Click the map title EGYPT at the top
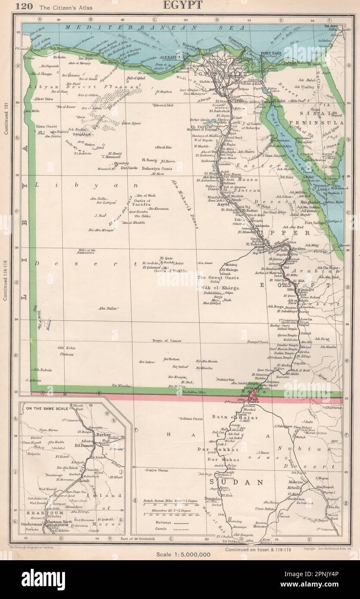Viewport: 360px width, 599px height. click(180, 6)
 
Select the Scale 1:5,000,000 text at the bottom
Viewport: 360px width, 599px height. click(180, 554)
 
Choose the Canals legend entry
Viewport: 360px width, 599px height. click(151, 527)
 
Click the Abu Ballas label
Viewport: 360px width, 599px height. click(108, 308)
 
